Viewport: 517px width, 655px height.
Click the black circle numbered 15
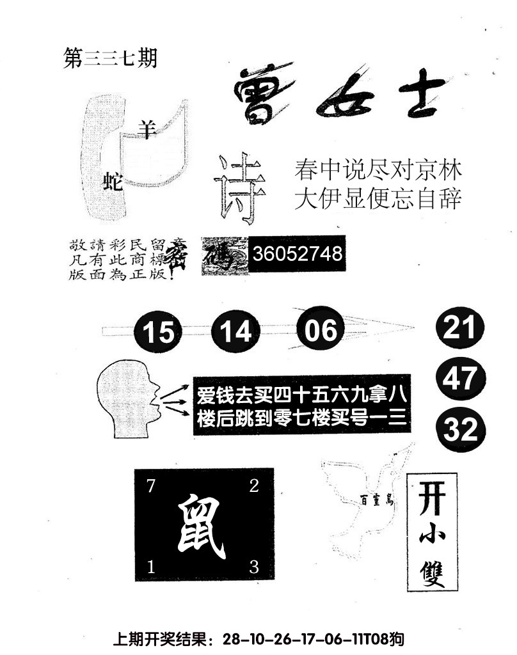point(158,332)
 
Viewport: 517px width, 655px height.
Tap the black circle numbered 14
point(235,331)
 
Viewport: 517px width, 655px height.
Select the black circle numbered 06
point(321,330)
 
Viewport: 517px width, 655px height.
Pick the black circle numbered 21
point(460,329)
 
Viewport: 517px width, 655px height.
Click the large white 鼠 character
point(203,526)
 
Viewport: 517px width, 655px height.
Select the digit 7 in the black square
point(151,486)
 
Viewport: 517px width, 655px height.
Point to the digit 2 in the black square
point(253,486)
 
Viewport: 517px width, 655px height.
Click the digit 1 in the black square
point(152,566)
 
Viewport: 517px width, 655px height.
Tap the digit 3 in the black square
point(253,566)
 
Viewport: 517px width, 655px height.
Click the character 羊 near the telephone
point(148,130)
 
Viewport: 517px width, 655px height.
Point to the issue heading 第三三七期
point(111,59)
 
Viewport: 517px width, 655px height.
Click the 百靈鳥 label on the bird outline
point(375,501)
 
